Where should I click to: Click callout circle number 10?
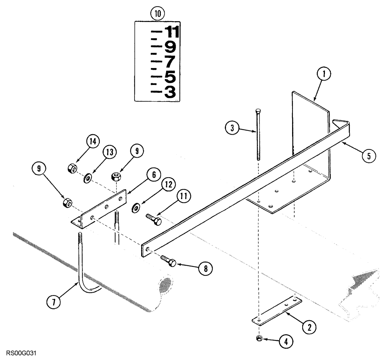[158, 14]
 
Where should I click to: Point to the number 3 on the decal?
[170, 92]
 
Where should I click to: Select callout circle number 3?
[232, 128]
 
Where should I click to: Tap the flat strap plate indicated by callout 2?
[276, 310]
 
